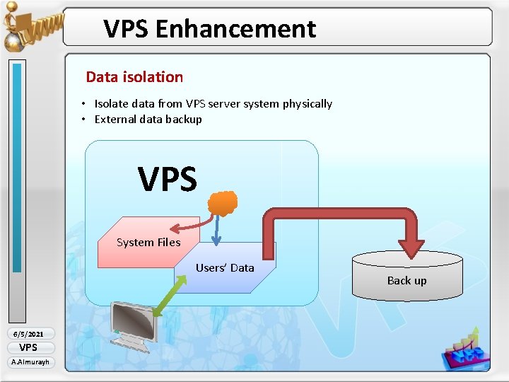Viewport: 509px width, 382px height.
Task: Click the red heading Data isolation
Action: click(134, 77)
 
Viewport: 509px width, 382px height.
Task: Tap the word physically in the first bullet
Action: click(307, 104)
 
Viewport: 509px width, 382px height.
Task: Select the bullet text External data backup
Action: click(148, 120)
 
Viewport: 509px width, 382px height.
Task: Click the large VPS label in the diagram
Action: click(168, 180)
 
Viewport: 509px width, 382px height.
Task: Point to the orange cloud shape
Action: click(222, 203)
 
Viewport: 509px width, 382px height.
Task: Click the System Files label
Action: click(148, 243)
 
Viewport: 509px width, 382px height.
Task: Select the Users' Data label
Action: click(225, 267)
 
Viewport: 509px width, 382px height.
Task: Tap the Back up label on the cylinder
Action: click(406, 281)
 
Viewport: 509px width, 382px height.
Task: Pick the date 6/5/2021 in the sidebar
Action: click(28, 334)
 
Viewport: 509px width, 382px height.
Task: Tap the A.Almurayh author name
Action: click(29, 362)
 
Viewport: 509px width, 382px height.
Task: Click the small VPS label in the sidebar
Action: click(28, 347)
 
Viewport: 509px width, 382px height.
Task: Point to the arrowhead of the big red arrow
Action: click(411, 247)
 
